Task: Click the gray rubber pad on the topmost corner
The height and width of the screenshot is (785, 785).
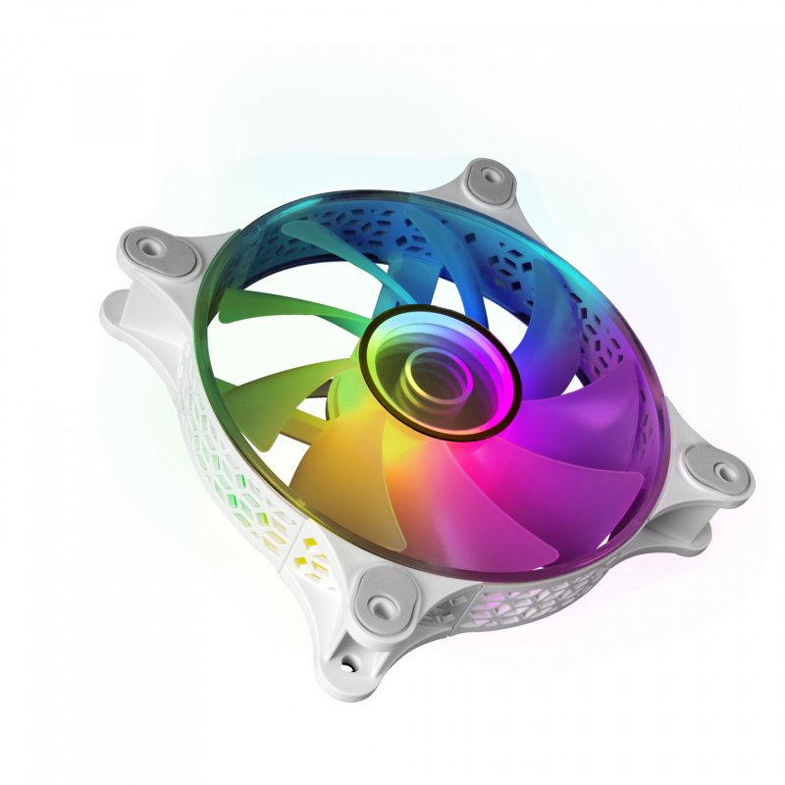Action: (x=488, y=180)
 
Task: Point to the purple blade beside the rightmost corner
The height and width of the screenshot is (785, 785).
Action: (x=608, y=412)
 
